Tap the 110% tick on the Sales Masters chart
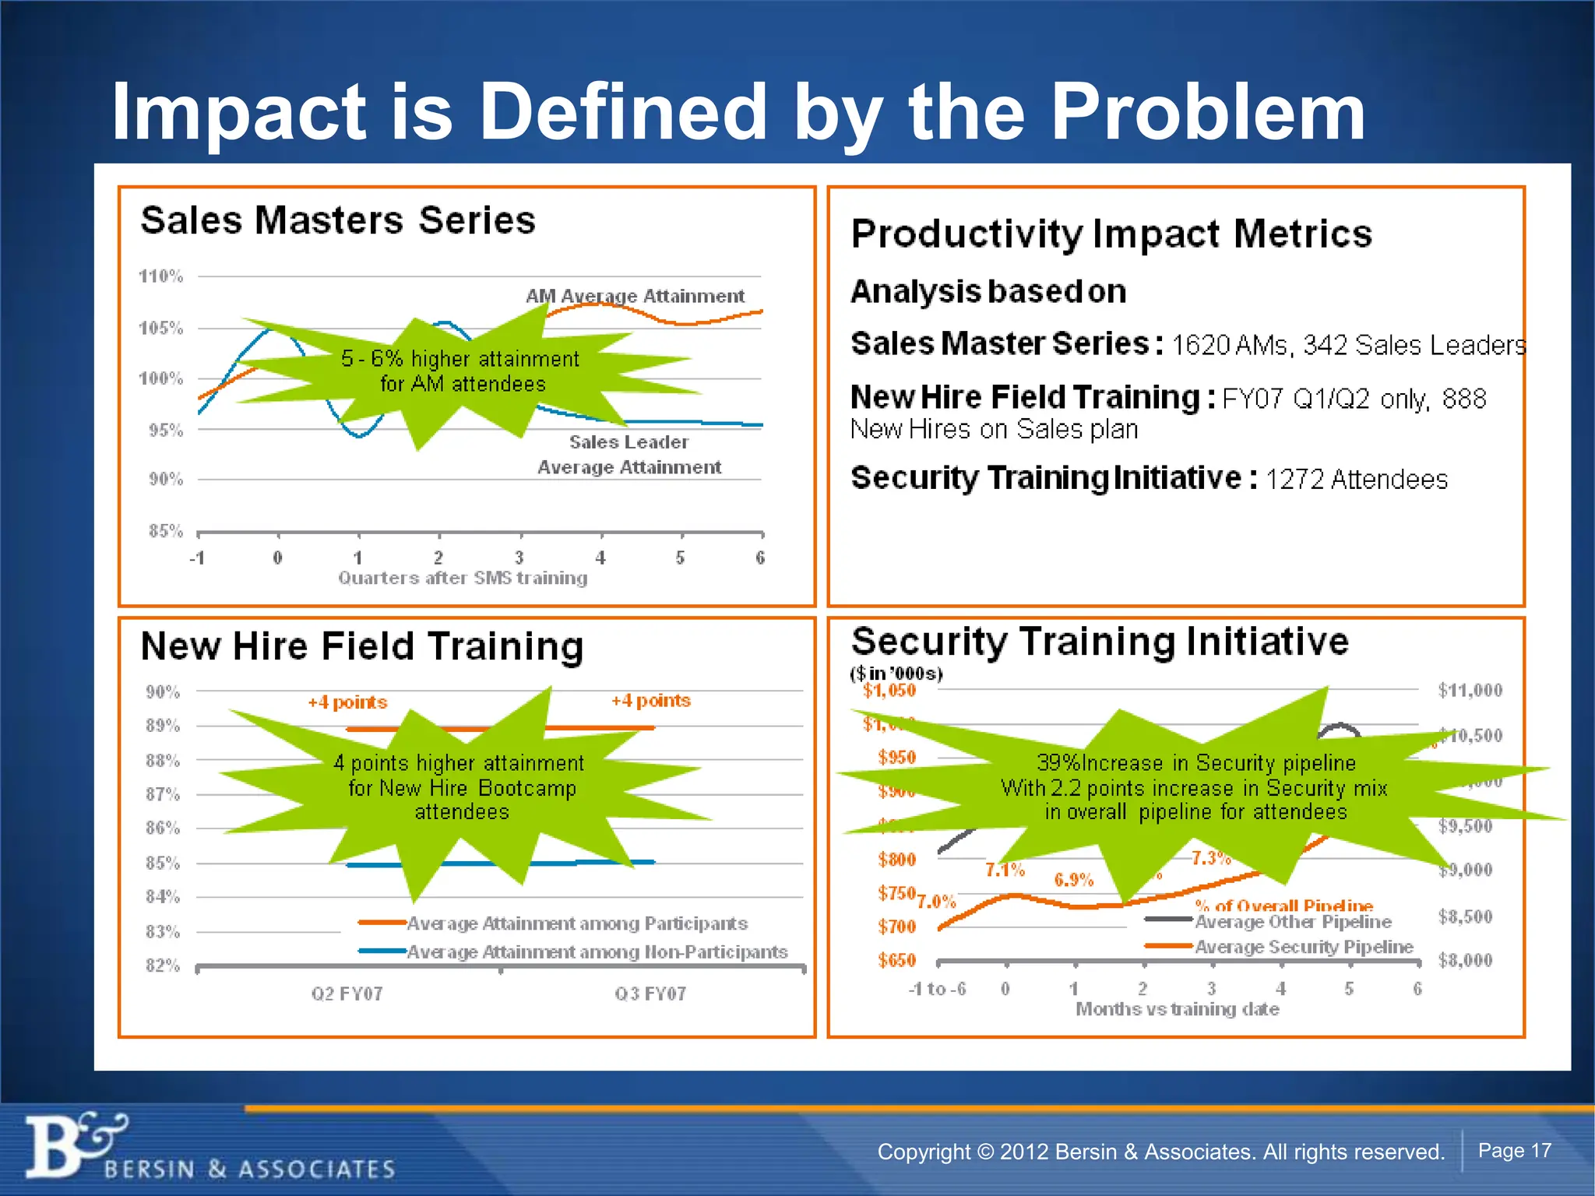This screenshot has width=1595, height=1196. (x=160, y=276)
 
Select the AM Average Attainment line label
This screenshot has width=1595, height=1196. (x=635, y=296)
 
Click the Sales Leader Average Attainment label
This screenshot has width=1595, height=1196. (x=629, y=455)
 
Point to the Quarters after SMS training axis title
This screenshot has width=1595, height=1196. (x=463, y=578)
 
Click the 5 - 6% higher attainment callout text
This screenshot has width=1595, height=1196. (x=461, y=371)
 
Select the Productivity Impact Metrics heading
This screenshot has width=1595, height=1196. (x=1111, y=234)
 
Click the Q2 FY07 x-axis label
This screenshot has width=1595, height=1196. (x=347, y=994)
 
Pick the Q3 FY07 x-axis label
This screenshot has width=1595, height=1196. (x=650, y=994)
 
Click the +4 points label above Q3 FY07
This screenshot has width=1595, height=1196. (x=650, y=700)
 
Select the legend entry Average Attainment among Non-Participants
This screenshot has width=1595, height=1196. (x=597, y=952)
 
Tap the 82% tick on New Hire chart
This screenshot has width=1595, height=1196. (x=163, y=966)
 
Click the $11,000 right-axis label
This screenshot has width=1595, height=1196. (x=1470, y=690)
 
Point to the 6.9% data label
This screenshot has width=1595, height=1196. (x=1073, y=880)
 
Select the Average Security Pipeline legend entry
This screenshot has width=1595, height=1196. (x=1304, y=947)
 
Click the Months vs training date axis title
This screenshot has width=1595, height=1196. (x=1177, y=1009)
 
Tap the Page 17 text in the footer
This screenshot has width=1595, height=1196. (x=1514, y=1150)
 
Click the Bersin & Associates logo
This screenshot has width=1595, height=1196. (x=78, y=1145)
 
